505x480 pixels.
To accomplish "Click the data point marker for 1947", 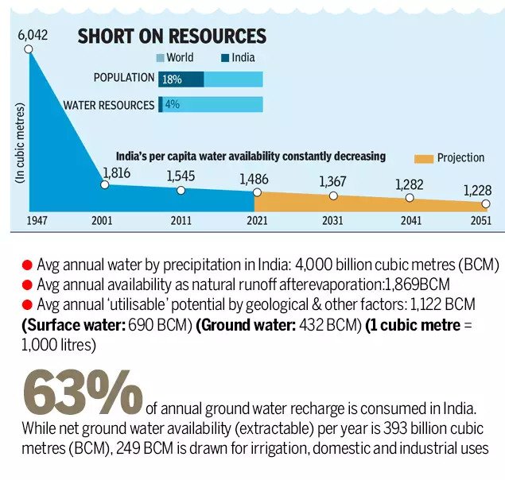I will pyautogui.click(x=29, y=49).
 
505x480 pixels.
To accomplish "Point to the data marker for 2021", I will pyautogui.click(x=257, y=192).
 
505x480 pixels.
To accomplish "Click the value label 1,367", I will pyautogui.click(x=332, y=181).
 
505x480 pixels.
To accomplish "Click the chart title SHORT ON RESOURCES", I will pyautogui.click(x=171, y=37).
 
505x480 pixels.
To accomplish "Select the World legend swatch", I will pyautogui.click(x=160, y=58).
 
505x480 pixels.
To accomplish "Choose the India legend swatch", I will pyautogui.click(x=226, y=58).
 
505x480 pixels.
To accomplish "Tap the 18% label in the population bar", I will pyautogui.click(x=172, y=79).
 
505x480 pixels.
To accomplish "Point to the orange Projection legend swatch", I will pyautogui.click(x=423, y=158).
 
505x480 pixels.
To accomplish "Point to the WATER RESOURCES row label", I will pyautogui.click(x=109, y=105).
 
